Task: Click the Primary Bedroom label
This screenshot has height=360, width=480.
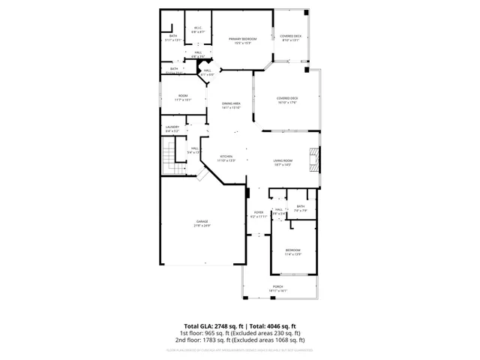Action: [x=242, y=38]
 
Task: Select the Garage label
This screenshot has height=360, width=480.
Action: [x=202, y=221]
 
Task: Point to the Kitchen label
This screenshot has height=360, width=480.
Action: [x=226, y=156]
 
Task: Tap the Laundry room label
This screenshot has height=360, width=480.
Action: [x=172, y=127]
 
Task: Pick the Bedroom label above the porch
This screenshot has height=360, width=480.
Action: [x=292, y=249]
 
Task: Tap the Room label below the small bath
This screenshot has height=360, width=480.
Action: [x=182, y=95]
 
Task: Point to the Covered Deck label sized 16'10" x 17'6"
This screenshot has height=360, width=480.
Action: [x=287, y=97]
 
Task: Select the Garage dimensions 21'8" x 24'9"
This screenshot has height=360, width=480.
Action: [x=202, y=226]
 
